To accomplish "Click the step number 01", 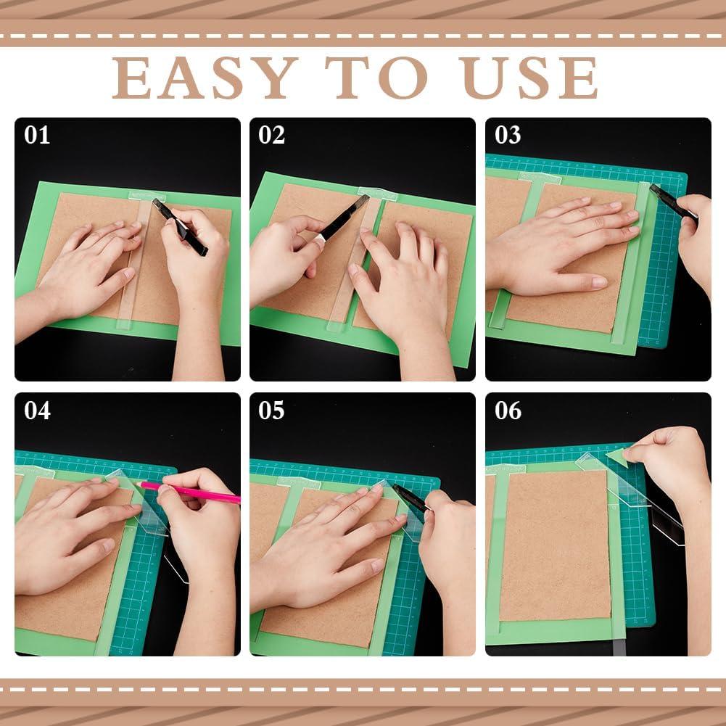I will [x=37, y=136].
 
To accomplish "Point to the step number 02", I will [x=272, y=136].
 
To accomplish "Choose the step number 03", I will [x=508, y=136].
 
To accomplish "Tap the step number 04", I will [x=37, y=411].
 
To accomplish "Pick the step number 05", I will [x=272, y=411].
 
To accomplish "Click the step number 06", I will [x=508, y=411].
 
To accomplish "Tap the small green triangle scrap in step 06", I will [x=616, y=456].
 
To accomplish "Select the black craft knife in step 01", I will [x=181, y=227].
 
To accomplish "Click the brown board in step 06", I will [x=554, y=544].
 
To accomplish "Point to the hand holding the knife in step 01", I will [x=196, y=254].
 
